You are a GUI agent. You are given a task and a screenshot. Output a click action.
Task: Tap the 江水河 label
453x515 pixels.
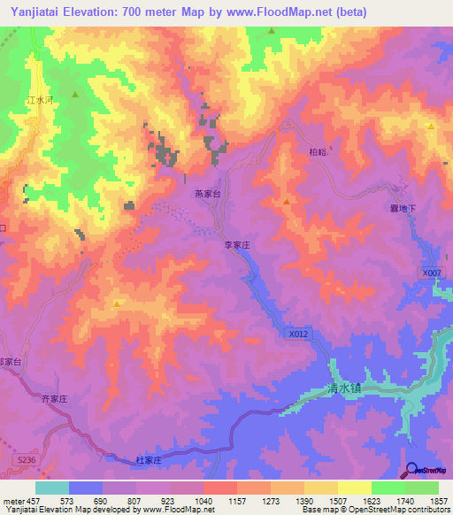click(41, 102)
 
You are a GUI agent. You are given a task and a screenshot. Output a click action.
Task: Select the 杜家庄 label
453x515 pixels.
click(149, 460)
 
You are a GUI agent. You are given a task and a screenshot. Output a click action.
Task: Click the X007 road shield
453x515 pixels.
click(430, 273)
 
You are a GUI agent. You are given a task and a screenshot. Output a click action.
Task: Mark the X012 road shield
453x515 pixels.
click(298, 334)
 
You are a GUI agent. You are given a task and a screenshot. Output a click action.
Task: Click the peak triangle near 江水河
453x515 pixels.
click(76, 94)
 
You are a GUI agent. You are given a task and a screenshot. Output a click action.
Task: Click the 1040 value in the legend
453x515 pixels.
click(203, 502)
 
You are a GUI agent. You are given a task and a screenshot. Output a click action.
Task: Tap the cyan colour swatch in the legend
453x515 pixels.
click(52, 488)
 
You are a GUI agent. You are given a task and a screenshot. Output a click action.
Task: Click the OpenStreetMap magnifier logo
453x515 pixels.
click(411, 470)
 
